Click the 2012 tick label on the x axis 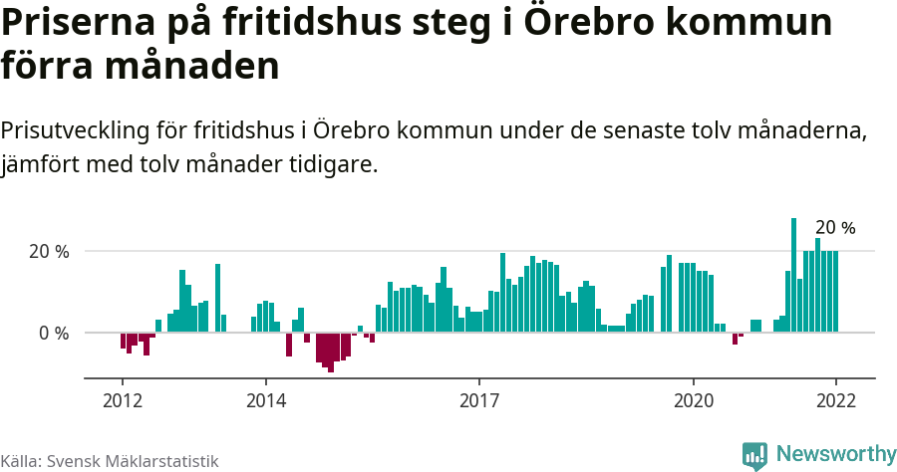pyautogui.click(x=122, y=400)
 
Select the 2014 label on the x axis pyautogui.click(x=265, y=400)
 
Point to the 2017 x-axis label pyautogui.click(x=479, y=400)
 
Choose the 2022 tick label pyautogui.click(x=835, y=400)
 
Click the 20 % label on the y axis pyautogui.click(x=49, y=252)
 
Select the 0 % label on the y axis pyautogui.click(x=54, y=333)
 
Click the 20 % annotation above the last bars pyautogui.click(x=835, y=228)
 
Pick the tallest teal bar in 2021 pyautogui.click(x=793, y=275)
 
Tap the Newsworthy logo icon pyautogui.click(x=754, y=455)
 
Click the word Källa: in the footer pyautogui.click(x=20, y=461)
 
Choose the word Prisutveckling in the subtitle pyautogui.click(x=74, y=130)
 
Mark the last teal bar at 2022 pyautogui.click(x=834, y=291)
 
